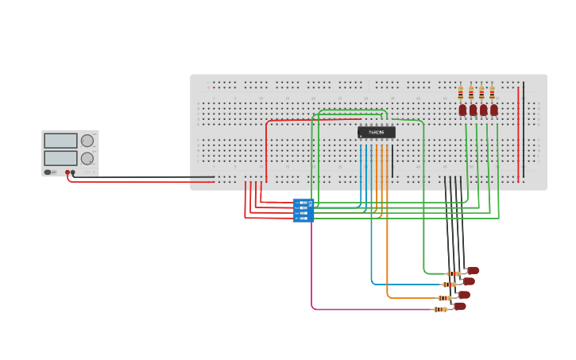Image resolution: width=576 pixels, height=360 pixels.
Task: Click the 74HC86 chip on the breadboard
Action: pos(376,132)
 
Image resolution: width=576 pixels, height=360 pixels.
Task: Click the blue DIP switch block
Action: pos(303,210)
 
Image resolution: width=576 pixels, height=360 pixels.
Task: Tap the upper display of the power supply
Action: pos(60,141)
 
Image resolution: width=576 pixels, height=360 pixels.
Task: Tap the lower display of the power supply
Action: pos(60,158)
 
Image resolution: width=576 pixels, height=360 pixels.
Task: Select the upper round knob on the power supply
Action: pos(87,141)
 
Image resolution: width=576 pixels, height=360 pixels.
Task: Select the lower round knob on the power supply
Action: pos(87,158)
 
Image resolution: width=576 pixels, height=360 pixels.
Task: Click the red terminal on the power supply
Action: pos(68,172)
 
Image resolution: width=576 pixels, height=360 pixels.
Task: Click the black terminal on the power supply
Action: pos(73,172)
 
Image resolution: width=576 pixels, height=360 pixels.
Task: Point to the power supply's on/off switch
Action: pos(49,172)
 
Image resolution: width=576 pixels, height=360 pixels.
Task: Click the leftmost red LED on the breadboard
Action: pos(462,110)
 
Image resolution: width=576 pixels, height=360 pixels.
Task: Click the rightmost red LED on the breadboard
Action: pos(494,110)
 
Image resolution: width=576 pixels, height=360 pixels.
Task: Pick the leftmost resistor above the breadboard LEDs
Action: pos(461,93)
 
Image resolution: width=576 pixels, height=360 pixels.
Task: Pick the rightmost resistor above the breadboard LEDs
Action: pos(492,93)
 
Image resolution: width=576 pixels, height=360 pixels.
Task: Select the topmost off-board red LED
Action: pos(474,270)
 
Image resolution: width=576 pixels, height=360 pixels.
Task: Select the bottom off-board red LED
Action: pos(460,306)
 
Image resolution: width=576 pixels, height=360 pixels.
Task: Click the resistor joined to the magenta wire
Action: pos(440,309)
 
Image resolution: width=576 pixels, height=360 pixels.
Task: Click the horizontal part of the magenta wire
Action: pos(373,309)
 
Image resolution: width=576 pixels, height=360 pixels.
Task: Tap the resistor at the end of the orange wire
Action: pos(445,297)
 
